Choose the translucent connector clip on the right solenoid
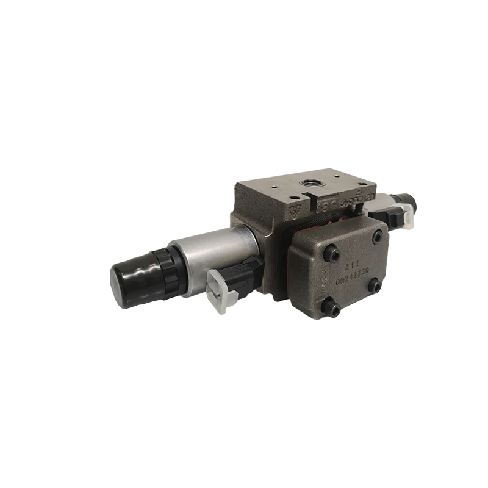(406, 218)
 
